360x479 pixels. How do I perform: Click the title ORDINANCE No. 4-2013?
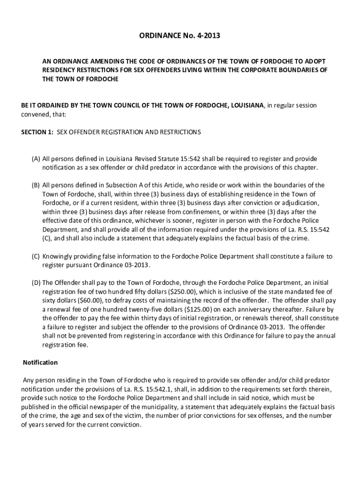pyautogui.click(x=180, y=35)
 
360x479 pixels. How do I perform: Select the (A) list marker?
pyautogui.click(x=36, y=159)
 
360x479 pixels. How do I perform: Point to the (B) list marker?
pyautogui.click(x=36, y=185)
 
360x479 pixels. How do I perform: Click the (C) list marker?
pyautogui.click(x=36, y=256)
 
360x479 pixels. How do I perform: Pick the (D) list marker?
pyautogui.click(x=36, y=283)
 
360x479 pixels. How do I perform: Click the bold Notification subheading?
pyautogui.click(x=40, y=363)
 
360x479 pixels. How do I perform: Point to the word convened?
pyautogui.click(x=33, y=115)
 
